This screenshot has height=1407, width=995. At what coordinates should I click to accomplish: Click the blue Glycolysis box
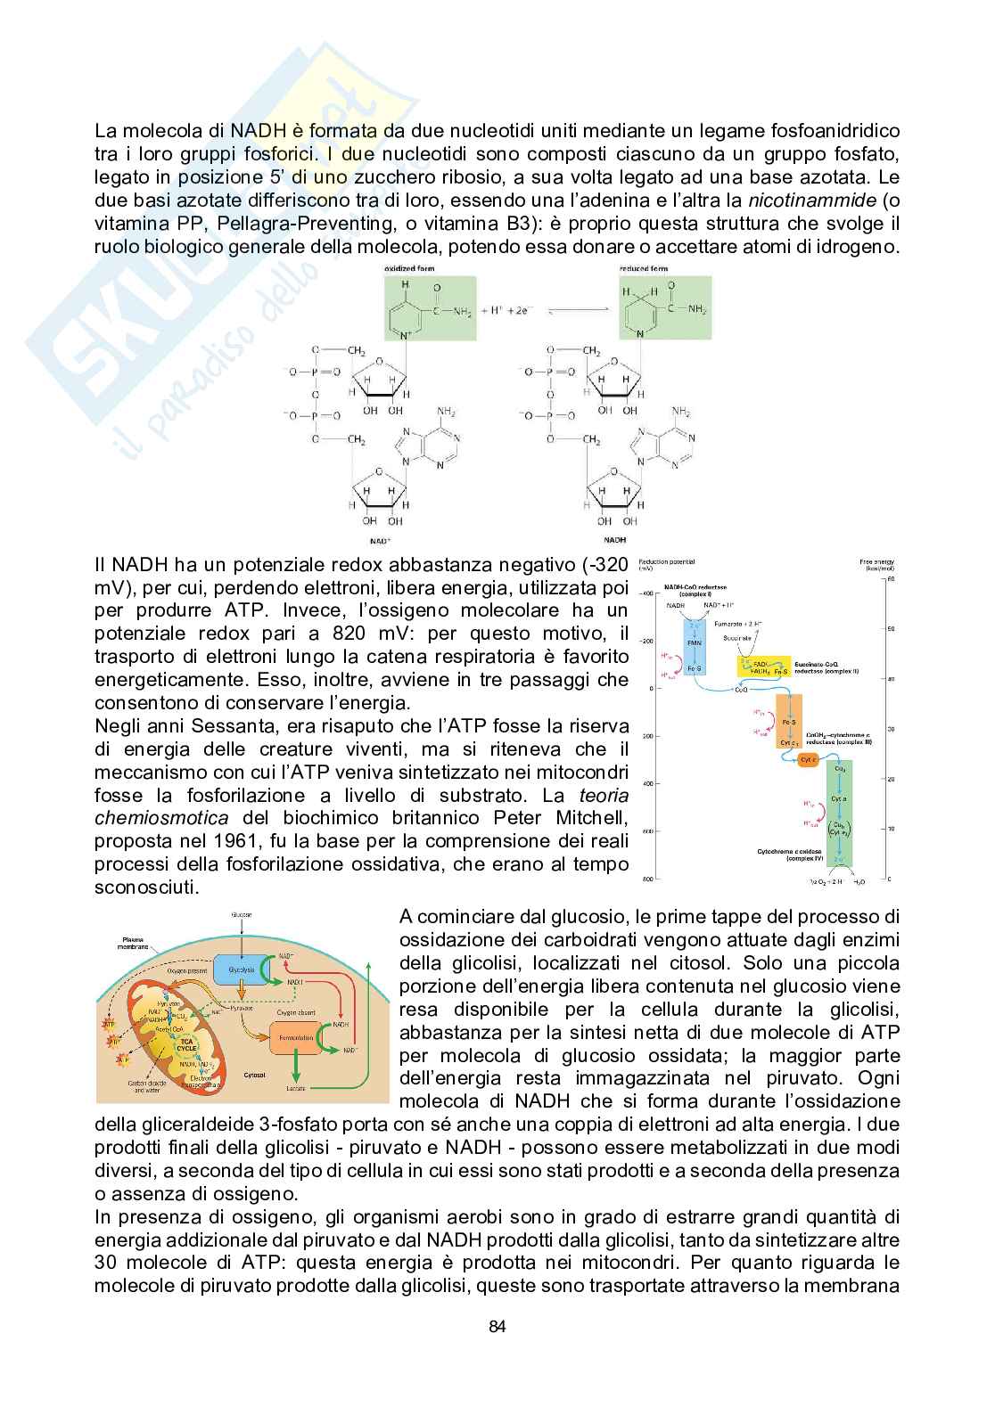tap(242, 969)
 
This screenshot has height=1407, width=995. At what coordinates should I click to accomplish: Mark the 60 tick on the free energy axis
tap(888, 580)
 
